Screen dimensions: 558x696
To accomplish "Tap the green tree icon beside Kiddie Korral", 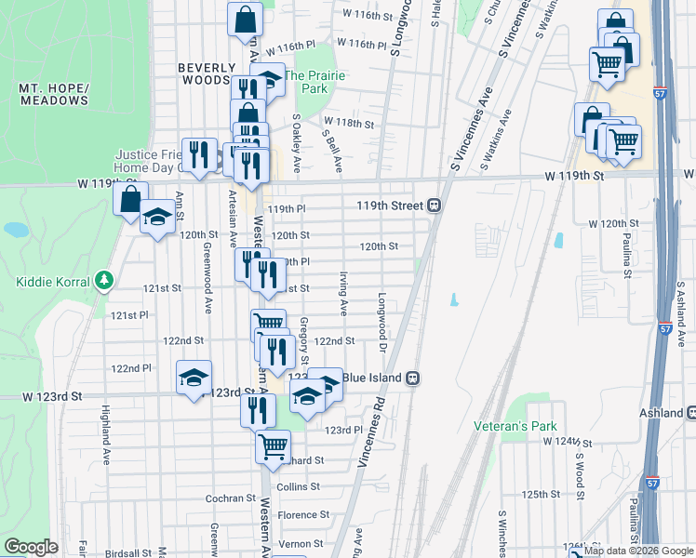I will point(105,281).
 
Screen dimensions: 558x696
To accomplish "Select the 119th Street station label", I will point(389,206).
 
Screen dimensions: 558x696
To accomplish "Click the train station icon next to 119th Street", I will point(435,206).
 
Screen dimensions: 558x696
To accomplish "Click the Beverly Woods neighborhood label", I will point(203,74).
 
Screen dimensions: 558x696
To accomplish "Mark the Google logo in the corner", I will point(31,546).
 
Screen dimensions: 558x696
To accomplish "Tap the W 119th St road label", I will point(575,175).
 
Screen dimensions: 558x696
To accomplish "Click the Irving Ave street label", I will point(343,292).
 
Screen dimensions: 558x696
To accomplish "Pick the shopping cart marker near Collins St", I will point(273,446).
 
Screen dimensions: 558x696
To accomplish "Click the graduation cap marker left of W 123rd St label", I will point(194,378).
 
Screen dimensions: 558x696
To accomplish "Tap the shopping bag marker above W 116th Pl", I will point(245,19).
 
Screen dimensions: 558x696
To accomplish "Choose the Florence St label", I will point(298,514).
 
